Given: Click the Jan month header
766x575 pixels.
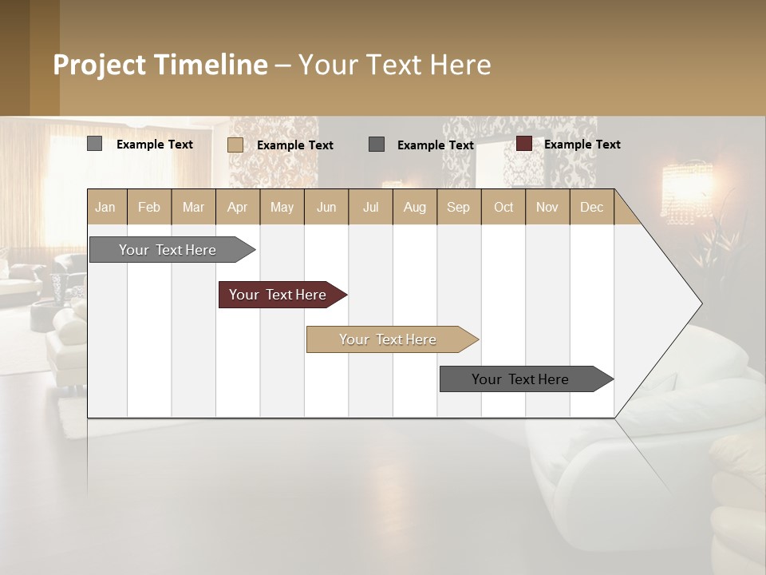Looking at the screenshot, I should (x=106, y=207).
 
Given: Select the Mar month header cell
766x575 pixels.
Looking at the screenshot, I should (x=193, y=207).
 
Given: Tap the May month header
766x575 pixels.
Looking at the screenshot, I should (x=282, y=207).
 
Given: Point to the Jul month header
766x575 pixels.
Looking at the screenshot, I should (x=370, y=207).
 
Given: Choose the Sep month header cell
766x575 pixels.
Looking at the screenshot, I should (x=458, y=207).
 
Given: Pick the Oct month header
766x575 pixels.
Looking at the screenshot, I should (x=503, y=207).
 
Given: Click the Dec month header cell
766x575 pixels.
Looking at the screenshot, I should (x=591, y=207).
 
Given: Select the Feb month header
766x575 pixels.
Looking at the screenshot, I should (x=149, y=207).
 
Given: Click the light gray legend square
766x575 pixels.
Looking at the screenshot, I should (x=95, y=144).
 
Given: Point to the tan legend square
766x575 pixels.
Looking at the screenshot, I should (x=235, y=145).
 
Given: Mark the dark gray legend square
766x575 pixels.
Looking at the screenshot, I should (x=377, y=144).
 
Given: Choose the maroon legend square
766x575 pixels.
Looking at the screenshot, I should (x=524, y=144).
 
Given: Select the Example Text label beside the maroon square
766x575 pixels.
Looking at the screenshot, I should (x=582, y=144).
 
